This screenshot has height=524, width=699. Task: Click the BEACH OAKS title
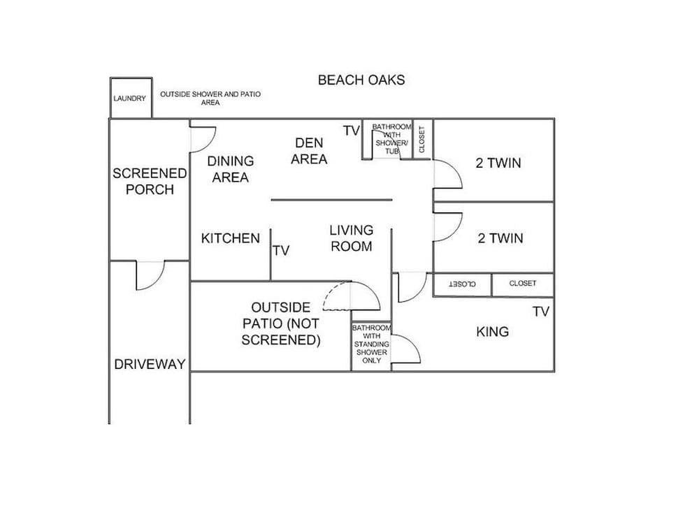click(361, 80)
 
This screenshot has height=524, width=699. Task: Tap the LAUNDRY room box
click(130, 98)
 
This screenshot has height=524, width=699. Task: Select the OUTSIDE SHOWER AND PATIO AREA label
click(210, 98)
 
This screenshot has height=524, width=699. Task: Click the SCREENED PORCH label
click(150, 181)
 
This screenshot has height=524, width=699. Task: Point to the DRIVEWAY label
click(150, 364)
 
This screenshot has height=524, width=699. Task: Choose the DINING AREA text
click(231, 169)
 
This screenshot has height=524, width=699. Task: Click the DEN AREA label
click(309, 151)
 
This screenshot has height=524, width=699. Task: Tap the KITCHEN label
click(231, 238)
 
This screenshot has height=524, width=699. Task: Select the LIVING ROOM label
click(352, 238)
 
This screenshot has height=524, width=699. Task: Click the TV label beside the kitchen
click(281, 250)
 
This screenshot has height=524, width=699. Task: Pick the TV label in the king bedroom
click(541, 312)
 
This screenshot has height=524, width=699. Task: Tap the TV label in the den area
click(351, 131)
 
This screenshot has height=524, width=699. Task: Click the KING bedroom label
click(492, 332)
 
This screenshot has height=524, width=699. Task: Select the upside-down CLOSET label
click(462, 284)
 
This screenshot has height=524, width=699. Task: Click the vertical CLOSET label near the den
click(422, 139)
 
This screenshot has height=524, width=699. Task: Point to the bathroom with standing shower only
click(371, 344)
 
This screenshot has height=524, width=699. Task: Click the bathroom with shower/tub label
click(387, 138)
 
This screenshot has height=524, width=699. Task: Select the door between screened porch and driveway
click(150, 274)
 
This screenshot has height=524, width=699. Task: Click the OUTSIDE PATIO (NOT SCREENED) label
click(281, 324)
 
